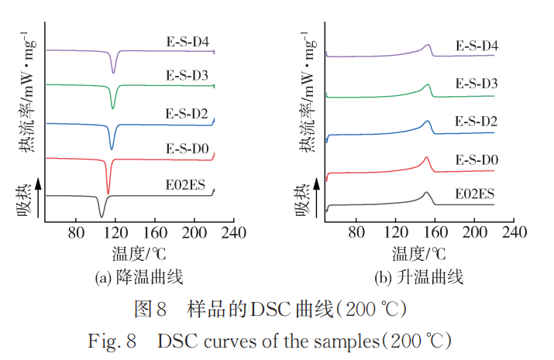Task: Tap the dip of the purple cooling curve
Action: click(x=114, y=72)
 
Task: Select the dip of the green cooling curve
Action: click(x=113, y=108)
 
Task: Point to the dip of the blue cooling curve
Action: click(x=112, y=148)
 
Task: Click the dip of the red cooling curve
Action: click(x=108, y=192)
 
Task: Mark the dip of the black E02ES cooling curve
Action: click(x=101, y=218)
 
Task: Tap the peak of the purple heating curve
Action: click(x=428, y=46)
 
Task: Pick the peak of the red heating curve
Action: click(x=426, y=158)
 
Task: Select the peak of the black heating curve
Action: click(x=426, y=194)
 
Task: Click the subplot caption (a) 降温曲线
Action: click(x=139, y=276)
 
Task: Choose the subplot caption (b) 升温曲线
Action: click(x=418, y=276)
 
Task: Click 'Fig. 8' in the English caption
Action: click(x=124, y=340)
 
